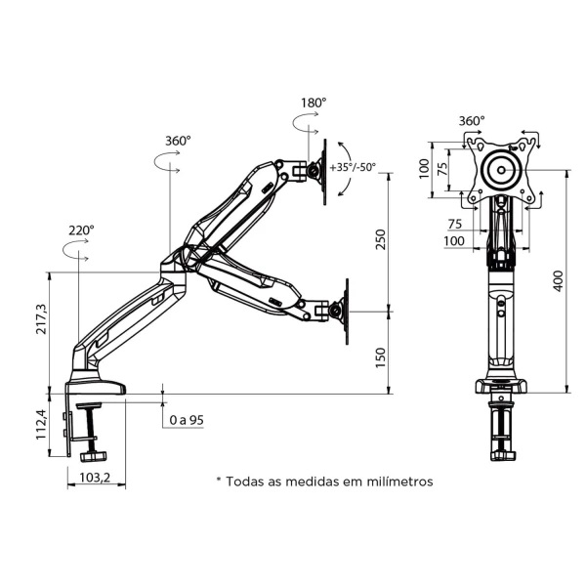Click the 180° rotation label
(x=314, y=102)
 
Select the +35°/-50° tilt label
(x=353, y=167)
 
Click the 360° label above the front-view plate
(x=472, y=121)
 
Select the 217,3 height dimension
(x=41, y=318)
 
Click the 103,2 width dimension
(x=94, y=478)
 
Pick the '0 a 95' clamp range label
(x=187, y=420)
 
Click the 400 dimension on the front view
(x=559, y=279)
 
